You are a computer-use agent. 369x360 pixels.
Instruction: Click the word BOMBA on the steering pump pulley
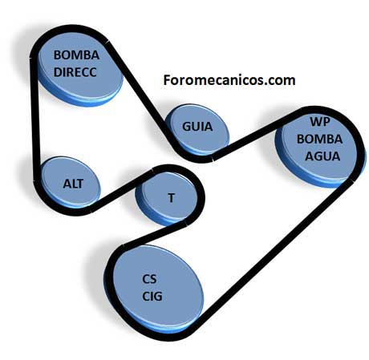coord(76,55)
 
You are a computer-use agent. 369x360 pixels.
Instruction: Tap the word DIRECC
coord(75,72)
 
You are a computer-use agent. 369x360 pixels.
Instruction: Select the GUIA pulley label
coord(197,127)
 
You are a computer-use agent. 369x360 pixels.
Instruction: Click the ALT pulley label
coord(73,184)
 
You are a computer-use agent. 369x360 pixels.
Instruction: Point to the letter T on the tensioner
coord(171,198)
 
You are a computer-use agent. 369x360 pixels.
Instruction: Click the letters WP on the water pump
coord(320,122)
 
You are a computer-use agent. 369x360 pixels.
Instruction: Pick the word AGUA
coord(322,156)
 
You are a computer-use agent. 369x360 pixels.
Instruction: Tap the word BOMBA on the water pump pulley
coord(319,139)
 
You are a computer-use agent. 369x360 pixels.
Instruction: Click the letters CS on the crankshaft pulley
coord(149,279)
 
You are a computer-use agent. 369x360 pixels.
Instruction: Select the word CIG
coord(152,296)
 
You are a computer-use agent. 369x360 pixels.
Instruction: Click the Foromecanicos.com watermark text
coord(229,80)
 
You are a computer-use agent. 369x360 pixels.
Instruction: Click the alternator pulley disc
coord(71,183)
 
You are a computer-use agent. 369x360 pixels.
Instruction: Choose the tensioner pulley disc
coord(167,198)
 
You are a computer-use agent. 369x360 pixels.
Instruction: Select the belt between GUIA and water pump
coord(257,134)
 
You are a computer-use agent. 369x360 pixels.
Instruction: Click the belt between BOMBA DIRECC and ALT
coord(34,119)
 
